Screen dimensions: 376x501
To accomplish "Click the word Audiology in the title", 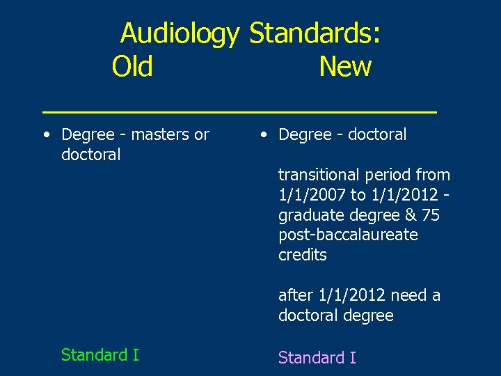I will (180, 33).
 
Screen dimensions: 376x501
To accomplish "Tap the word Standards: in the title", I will (315, 33).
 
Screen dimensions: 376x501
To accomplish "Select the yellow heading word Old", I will (132, 67).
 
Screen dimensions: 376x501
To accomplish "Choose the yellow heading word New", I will (345, 67).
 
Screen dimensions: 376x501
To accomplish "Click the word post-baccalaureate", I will (348, 235).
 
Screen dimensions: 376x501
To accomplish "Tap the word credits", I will (302, 256).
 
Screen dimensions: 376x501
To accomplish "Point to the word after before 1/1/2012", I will (295, 295).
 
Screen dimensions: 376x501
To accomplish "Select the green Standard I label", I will (100, 355).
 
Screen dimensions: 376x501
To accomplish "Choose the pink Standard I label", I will (317, 358).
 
